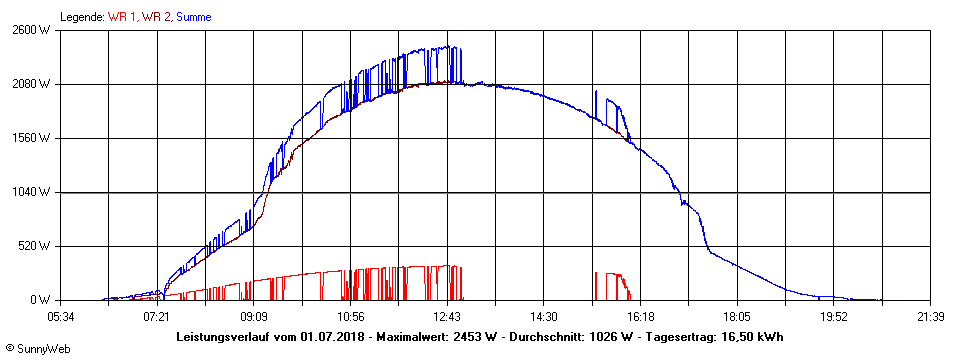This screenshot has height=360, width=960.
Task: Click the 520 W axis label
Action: pyautogui.click(x=36, y=246)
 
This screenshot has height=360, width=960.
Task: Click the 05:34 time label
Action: pyautogui.click(x=60, y=316)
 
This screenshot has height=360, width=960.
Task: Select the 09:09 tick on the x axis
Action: pyautogui.click(x=254, y=316)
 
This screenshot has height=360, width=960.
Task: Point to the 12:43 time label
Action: pyautogui.click(x=447, y=316)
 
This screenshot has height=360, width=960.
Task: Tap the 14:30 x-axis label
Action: pyautogui.click(x=544, y=316)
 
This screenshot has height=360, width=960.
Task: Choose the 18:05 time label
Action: pyautogui.click(x=737, y=316)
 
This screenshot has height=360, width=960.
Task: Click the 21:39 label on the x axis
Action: pyautogui.click(x=931, y=316)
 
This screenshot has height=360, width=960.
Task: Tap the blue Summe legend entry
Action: pyautogui.click(x=193, y=17)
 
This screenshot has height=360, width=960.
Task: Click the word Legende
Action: pyautogui.click(x=82, y=17)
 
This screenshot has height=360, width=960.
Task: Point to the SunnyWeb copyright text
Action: pyautogui.click(x=39, y=349)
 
